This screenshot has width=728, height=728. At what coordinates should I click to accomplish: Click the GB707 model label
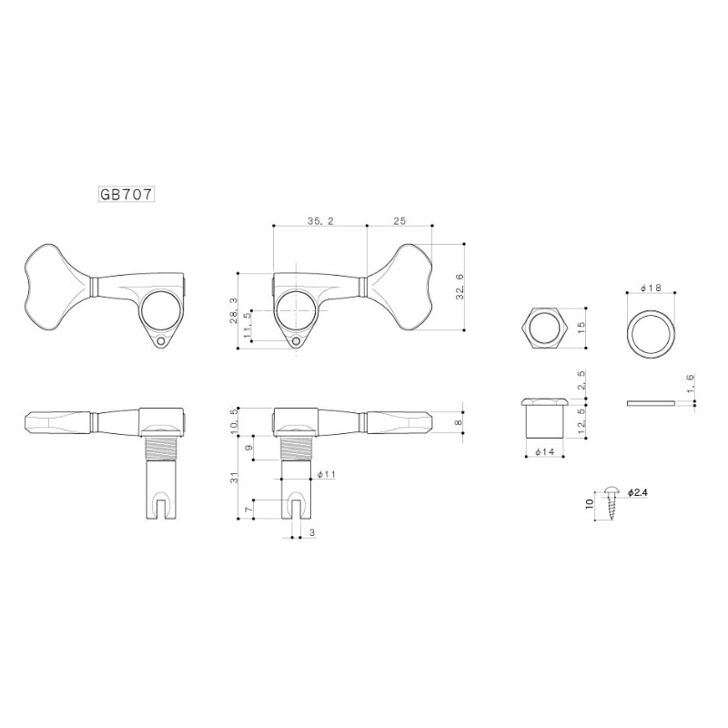pos(126,195)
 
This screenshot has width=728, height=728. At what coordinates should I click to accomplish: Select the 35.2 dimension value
pos(320,221)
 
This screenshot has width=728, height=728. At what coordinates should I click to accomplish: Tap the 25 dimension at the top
pos(399,221)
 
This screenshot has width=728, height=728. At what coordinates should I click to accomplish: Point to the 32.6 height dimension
pos(460,287)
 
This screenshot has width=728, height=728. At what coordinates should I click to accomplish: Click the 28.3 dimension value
pos(233,310)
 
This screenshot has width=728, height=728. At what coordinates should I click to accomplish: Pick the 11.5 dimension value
pos(247,325)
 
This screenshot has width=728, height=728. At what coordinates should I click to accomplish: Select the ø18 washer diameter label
pos(651,288)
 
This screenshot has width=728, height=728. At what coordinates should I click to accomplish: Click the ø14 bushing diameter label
pos(544,451)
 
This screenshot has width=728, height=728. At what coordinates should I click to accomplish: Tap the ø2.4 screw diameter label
pos(638,492)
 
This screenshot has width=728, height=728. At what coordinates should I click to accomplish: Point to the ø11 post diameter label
pos(326,474)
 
